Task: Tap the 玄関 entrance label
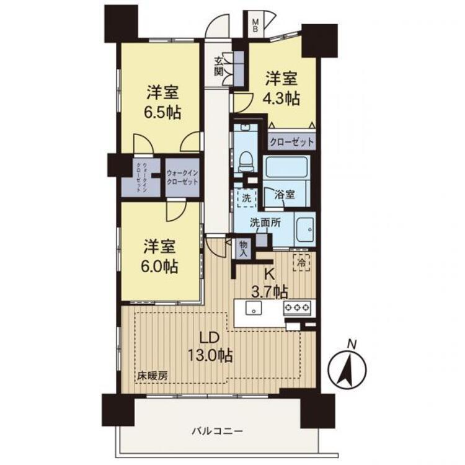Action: click(x=219, y=66)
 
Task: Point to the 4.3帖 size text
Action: click(x=283, y=99)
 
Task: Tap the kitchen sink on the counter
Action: click(x=253, y=307)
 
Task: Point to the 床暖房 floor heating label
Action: click(x=152, y=376)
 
